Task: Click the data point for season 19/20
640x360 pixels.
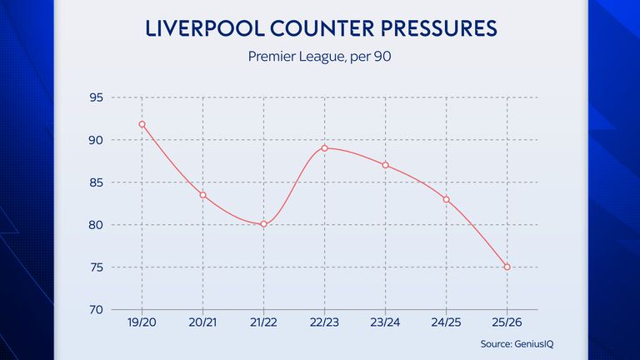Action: click(x=142, y=124)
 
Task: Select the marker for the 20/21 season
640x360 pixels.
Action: click(x=202, y=195)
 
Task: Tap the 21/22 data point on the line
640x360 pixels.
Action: click(x=263, y=224)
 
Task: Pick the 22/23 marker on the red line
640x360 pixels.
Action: click(x=324, y=148)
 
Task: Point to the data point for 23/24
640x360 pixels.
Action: click(x=385, y=165)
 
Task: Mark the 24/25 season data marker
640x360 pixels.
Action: click(x=446, y=199)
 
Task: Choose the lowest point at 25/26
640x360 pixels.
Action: click(x=507, y=267)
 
